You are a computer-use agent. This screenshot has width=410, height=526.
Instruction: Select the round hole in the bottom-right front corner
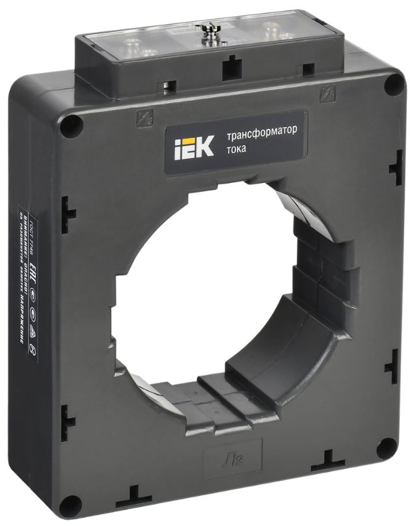tap(386, 447)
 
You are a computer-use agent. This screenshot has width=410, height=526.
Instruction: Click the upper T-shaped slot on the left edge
tap(68, 210)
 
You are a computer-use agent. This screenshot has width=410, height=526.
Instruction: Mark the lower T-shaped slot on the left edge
tap(69, 416)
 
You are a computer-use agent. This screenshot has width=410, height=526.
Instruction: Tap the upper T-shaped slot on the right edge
tap(396, 169)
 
